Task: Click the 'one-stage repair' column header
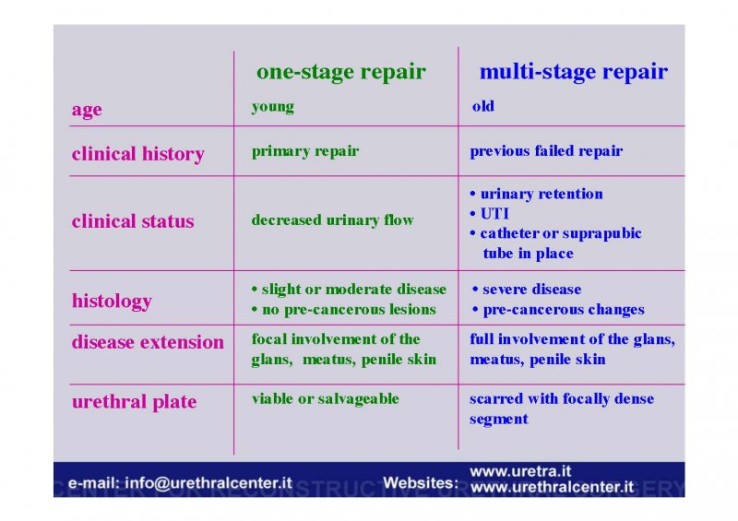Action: coord(340,72)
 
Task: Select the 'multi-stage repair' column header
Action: coord(573,72)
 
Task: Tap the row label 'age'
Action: coord(87,110)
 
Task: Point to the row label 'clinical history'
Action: coord(137,154)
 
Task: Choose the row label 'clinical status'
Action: coord(133,220)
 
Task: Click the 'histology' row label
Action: coord(112,302)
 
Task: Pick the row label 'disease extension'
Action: coord(148,342)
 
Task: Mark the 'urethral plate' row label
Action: coord(134,402)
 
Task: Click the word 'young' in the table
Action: coord(272,107)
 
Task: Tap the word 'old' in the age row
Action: coord(482,106)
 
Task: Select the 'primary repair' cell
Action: coord(305,151)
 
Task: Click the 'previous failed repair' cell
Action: coord(546,151)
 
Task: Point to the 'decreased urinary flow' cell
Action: coord(332,219)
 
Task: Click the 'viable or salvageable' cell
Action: coord(326,399)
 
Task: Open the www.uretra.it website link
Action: coord(520,471)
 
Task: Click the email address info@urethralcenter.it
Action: coord(208,483)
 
